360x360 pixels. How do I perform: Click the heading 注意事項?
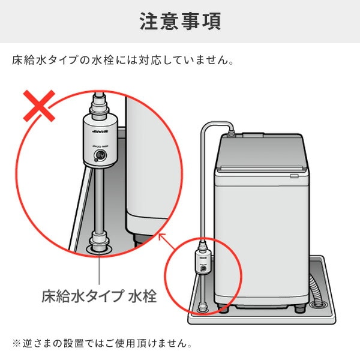pyautogui.click(x=180, y=21)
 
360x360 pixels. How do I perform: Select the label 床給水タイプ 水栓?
pyautogui.click(x=98, y=295)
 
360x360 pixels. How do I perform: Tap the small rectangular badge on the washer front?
pyautogui.click(x=293, y=176)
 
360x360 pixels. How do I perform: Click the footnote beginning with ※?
pyautogui.click(x=102, y=344)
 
